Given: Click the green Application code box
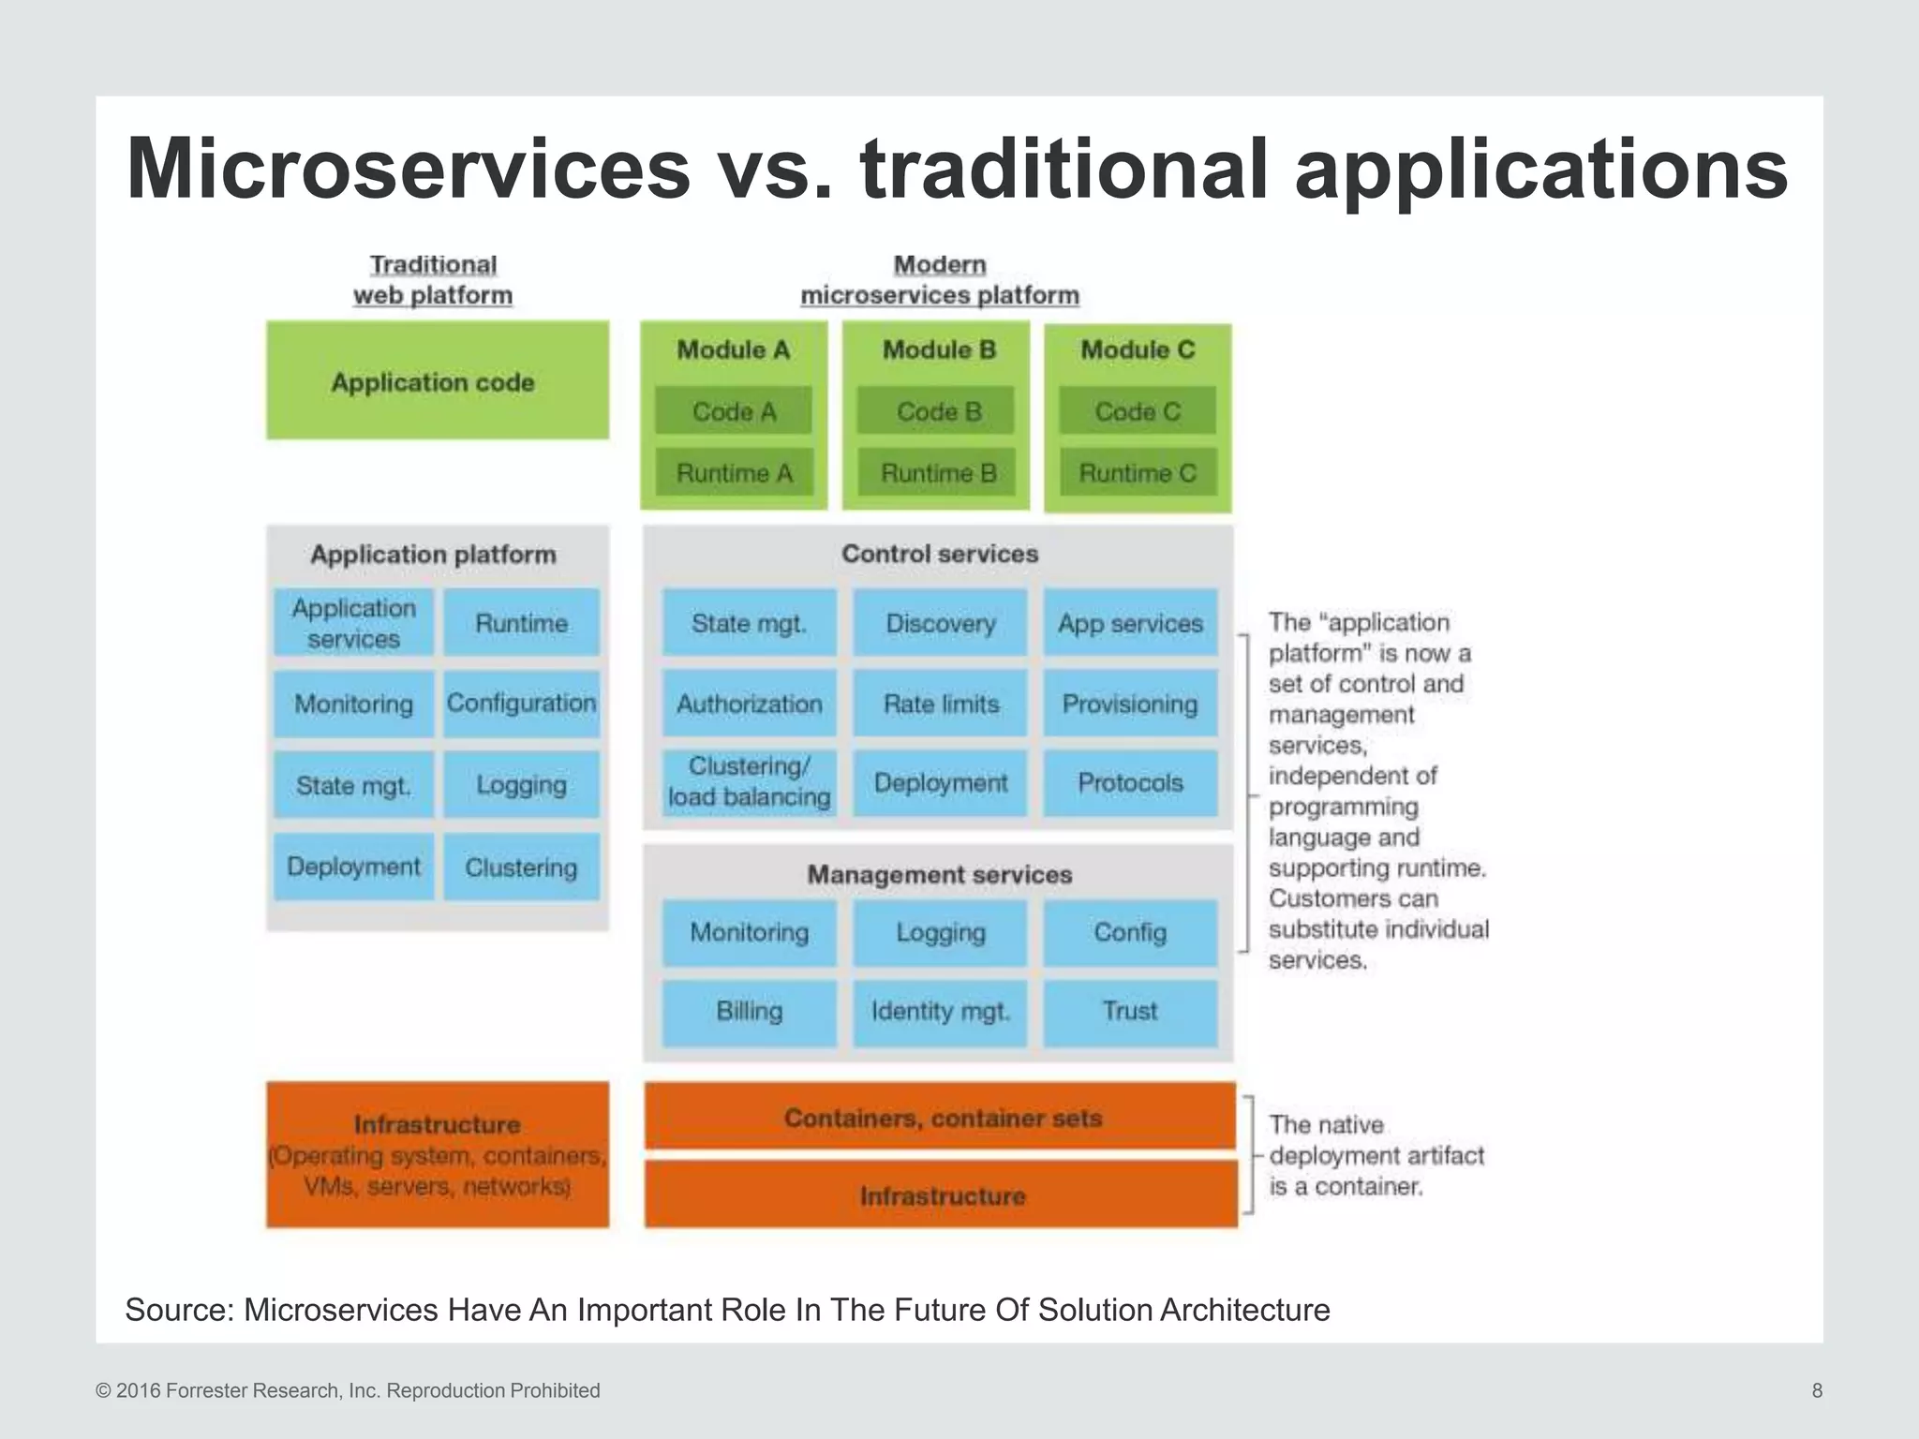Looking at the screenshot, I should click(437, 380).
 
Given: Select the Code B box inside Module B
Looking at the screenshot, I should click(936, 411).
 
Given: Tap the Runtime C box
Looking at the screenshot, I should click(1137, 473).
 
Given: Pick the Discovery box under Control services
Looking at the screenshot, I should click(940, 623).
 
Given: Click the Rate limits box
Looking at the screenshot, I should click(940, 704).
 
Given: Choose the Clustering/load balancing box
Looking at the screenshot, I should click(749, 782).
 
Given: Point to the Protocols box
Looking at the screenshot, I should click(1130, 782).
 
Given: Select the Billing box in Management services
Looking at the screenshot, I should click(749, 1012).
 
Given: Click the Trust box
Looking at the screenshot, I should click(1130, 1012).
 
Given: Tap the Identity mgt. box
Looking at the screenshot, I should click(940, 1012).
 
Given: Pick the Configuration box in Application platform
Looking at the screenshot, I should click(521, 704).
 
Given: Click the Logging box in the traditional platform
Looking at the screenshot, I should click(521, 785).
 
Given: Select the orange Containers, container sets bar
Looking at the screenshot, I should click(941, 1117).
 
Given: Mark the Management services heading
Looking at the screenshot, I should click(939, 874).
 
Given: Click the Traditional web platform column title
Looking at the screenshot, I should click(433, 280).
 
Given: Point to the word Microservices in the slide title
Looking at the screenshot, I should click(409, 169).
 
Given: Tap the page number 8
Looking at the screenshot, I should click(1817, 1390).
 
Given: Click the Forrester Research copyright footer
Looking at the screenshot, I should click(348, 1390).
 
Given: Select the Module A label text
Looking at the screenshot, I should click(733, 349).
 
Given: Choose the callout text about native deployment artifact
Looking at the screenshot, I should click(1376, 1155).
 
